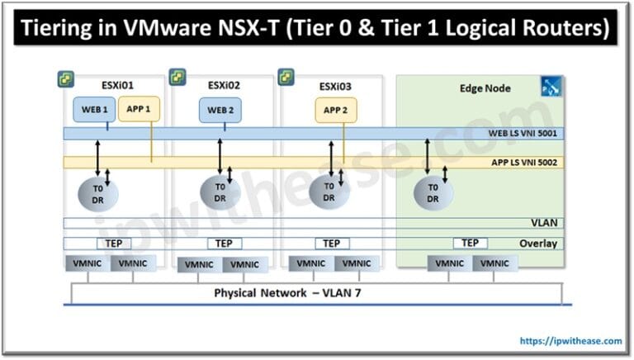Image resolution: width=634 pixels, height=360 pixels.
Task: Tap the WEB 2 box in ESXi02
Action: (221, 110)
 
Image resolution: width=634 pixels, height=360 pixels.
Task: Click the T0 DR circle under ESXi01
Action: (99, 192)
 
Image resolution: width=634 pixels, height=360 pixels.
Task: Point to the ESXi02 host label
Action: (222, 84)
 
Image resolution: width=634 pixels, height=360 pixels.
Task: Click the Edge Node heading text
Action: (485, 88)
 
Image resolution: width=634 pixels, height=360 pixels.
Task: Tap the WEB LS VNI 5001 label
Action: (523, 134)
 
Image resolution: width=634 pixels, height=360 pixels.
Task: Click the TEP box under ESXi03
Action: (331, 244)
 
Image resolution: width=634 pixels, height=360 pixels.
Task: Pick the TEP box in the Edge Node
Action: (470, 243)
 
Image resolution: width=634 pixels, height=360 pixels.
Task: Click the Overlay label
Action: (537, 244)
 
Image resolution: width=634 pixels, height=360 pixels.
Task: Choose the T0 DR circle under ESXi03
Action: (329, 192)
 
